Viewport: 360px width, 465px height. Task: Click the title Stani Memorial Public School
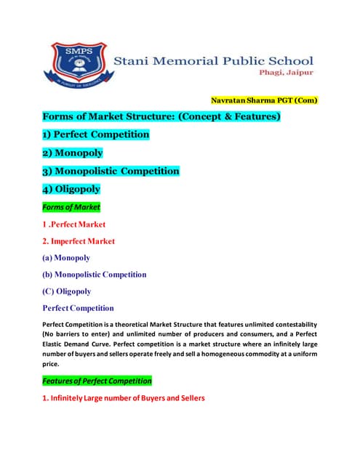click(x=214, y=61)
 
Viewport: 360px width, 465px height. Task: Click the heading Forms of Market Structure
click(x=161, y=116)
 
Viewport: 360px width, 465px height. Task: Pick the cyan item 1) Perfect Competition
click(x=95, y=134)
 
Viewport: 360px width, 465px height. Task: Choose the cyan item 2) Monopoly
click(x=72, y=153)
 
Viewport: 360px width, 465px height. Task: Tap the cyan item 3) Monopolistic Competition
click(x=110, y=171)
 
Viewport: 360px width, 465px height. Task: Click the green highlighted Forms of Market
click(x=71, y=207)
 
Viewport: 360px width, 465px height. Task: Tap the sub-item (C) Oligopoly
click(x=66, y=291)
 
